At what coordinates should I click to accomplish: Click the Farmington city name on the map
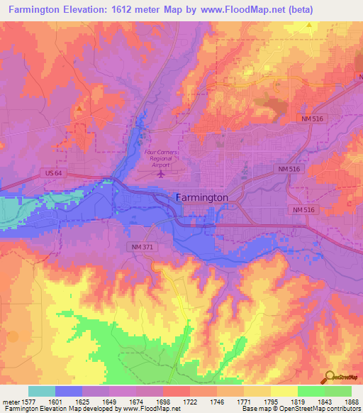click(x=202, y=197)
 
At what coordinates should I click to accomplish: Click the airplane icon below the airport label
click(x=162, y=172)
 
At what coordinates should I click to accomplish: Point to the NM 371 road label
click(x=142, y=246)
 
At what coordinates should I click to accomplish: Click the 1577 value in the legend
click(x=29, y=401)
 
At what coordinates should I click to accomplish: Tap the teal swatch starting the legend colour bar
click(x=42, y=391)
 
